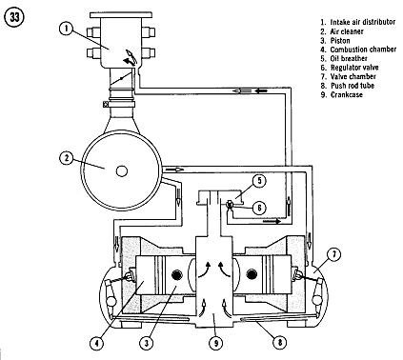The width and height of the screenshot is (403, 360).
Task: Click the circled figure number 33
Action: pos(14,17)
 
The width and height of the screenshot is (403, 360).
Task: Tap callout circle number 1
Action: pos(66,29)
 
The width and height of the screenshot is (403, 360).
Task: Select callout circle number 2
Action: pos(66,158)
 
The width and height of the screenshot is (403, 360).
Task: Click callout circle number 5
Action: pos(259,180)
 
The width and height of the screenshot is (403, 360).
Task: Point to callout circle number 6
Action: pos(259,208)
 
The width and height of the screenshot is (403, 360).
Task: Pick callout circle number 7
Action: pos(334,255)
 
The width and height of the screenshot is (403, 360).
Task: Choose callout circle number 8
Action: pos(280,342)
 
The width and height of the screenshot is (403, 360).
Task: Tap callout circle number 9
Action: pos(215,343)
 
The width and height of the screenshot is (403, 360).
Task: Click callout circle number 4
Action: pos(96,343)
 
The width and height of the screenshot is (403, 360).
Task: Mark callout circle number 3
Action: pos(147,343)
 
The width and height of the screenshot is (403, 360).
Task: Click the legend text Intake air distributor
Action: pos(363,22)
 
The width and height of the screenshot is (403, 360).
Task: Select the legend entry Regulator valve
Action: pos(354,68)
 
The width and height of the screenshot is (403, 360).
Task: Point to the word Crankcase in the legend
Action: pos(347,94)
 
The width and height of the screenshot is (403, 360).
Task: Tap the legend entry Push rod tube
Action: pos(353,86)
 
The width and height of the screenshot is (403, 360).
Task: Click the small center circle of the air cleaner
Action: pos(122,171)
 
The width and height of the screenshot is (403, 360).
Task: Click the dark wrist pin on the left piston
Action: pos(176,274)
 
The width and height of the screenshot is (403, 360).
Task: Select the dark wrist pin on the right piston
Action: pos(251,273)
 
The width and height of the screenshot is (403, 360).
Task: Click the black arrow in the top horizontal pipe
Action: pos(262,91)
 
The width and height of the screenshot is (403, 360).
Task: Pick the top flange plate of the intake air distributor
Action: pos(120,15)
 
